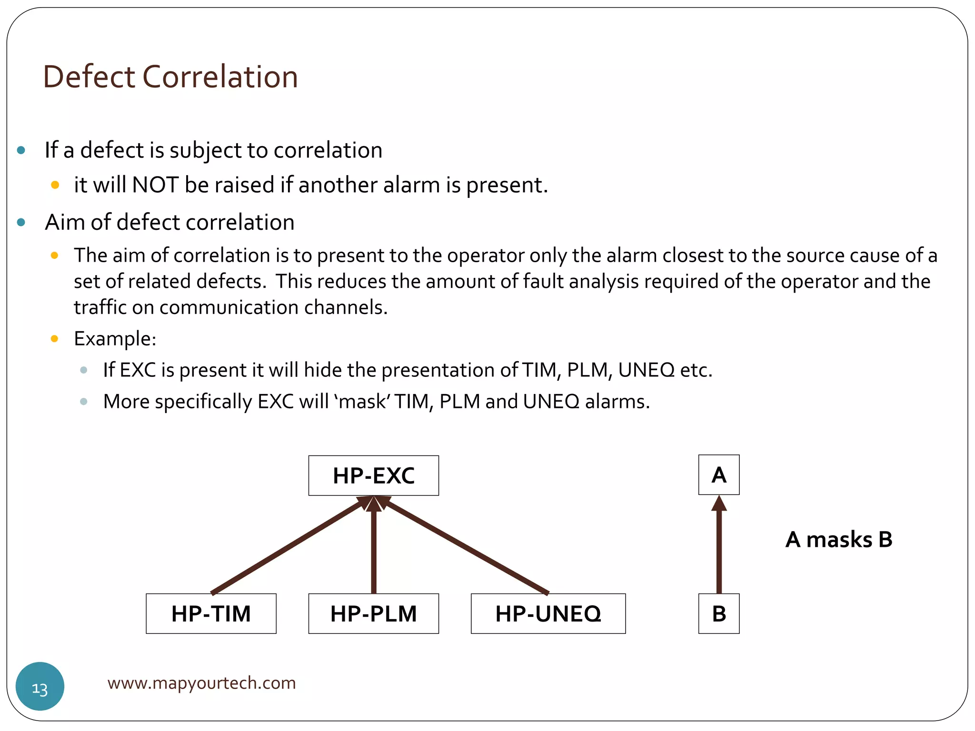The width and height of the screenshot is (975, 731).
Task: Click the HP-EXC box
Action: [x=374, y=475]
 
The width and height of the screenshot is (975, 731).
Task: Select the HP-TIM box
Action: [x=211, y=613]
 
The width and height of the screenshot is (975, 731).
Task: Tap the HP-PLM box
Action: [x=374, y=613]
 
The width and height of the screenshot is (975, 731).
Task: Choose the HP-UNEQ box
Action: [x=548, y=613]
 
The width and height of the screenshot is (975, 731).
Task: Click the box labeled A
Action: [x=719, y=475]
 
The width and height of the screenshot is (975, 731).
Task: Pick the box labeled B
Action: [x=719, y=613]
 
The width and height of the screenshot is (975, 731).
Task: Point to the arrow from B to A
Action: [x=719, y=547]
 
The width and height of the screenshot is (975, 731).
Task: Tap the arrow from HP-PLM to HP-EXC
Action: [x=374, y=547]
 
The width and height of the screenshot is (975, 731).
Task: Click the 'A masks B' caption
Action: [x=839, y=540]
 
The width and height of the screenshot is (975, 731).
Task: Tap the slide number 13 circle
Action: [x=40, y=686]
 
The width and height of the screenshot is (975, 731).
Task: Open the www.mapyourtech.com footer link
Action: [x=201, y=683]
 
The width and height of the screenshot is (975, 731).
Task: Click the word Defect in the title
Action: [x=90, y=77]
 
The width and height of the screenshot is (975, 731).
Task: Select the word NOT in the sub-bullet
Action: [x=155, y=185]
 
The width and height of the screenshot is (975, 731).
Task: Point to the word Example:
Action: [x=115, y=339]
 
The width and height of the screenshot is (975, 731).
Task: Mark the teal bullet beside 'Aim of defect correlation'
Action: [x=21, y=222]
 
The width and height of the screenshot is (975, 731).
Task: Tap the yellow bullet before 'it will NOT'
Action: [x=55, y=185]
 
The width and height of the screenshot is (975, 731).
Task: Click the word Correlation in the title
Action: [x=220, y=77]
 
